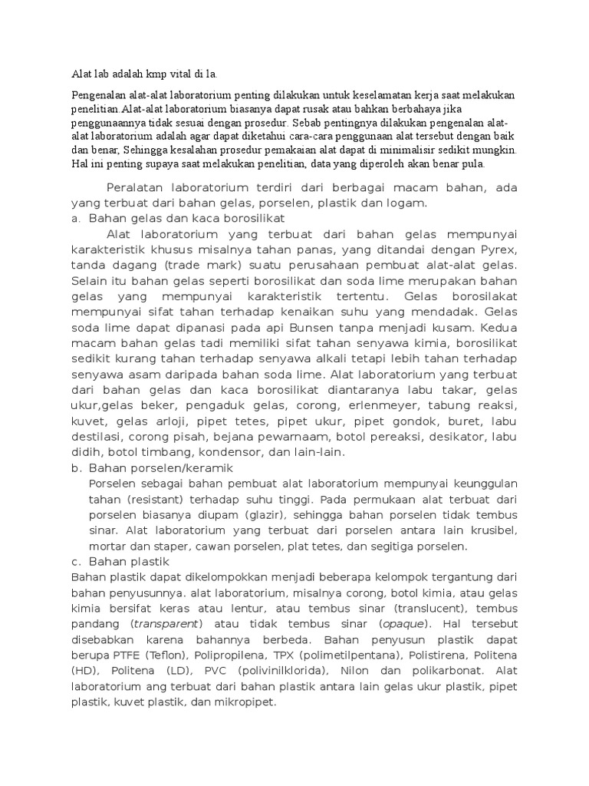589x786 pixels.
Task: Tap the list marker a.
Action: pyautogui.click(x=74, y=219)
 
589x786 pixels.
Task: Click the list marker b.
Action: pyautogui.click(x=75, y=467)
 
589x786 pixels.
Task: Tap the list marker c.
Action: pyautogui.click(x=74, y=561)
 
